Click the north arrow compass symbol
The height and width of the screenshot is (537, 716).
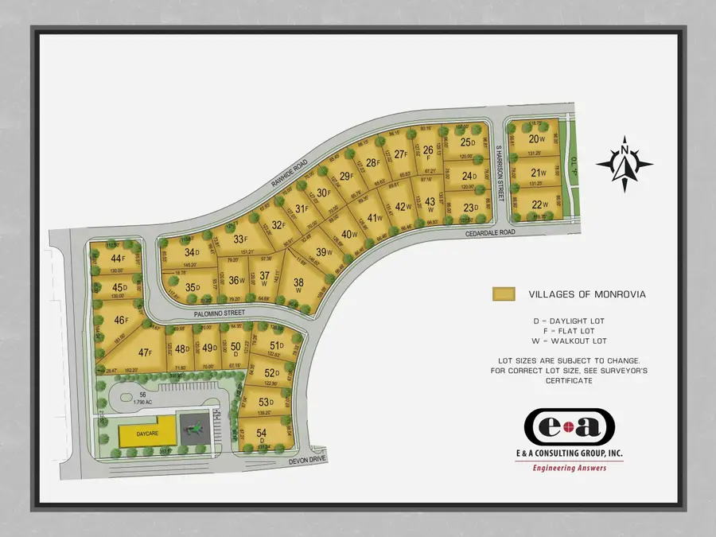coord(625,165)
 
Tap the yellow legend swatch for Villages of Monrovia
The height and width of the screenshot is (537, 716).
coord(504,294)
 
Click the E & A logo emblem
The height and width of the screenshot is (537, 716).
coord(570,427)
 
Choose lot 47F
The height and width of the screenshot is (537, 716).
coord(145,352)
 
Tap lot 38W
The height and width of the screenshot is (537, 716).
coord(298,285)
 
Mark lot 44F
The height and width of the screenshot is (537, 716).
coord(117,259)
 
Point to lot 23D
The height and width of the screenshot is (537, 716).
coord(469,208)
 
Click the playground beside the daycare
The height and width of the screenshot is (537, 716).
coord(191,430)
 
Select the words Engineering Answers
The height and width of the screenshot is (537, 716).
coord(569,468)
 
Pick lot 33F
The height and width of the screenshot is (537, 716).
coord(239,238)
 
